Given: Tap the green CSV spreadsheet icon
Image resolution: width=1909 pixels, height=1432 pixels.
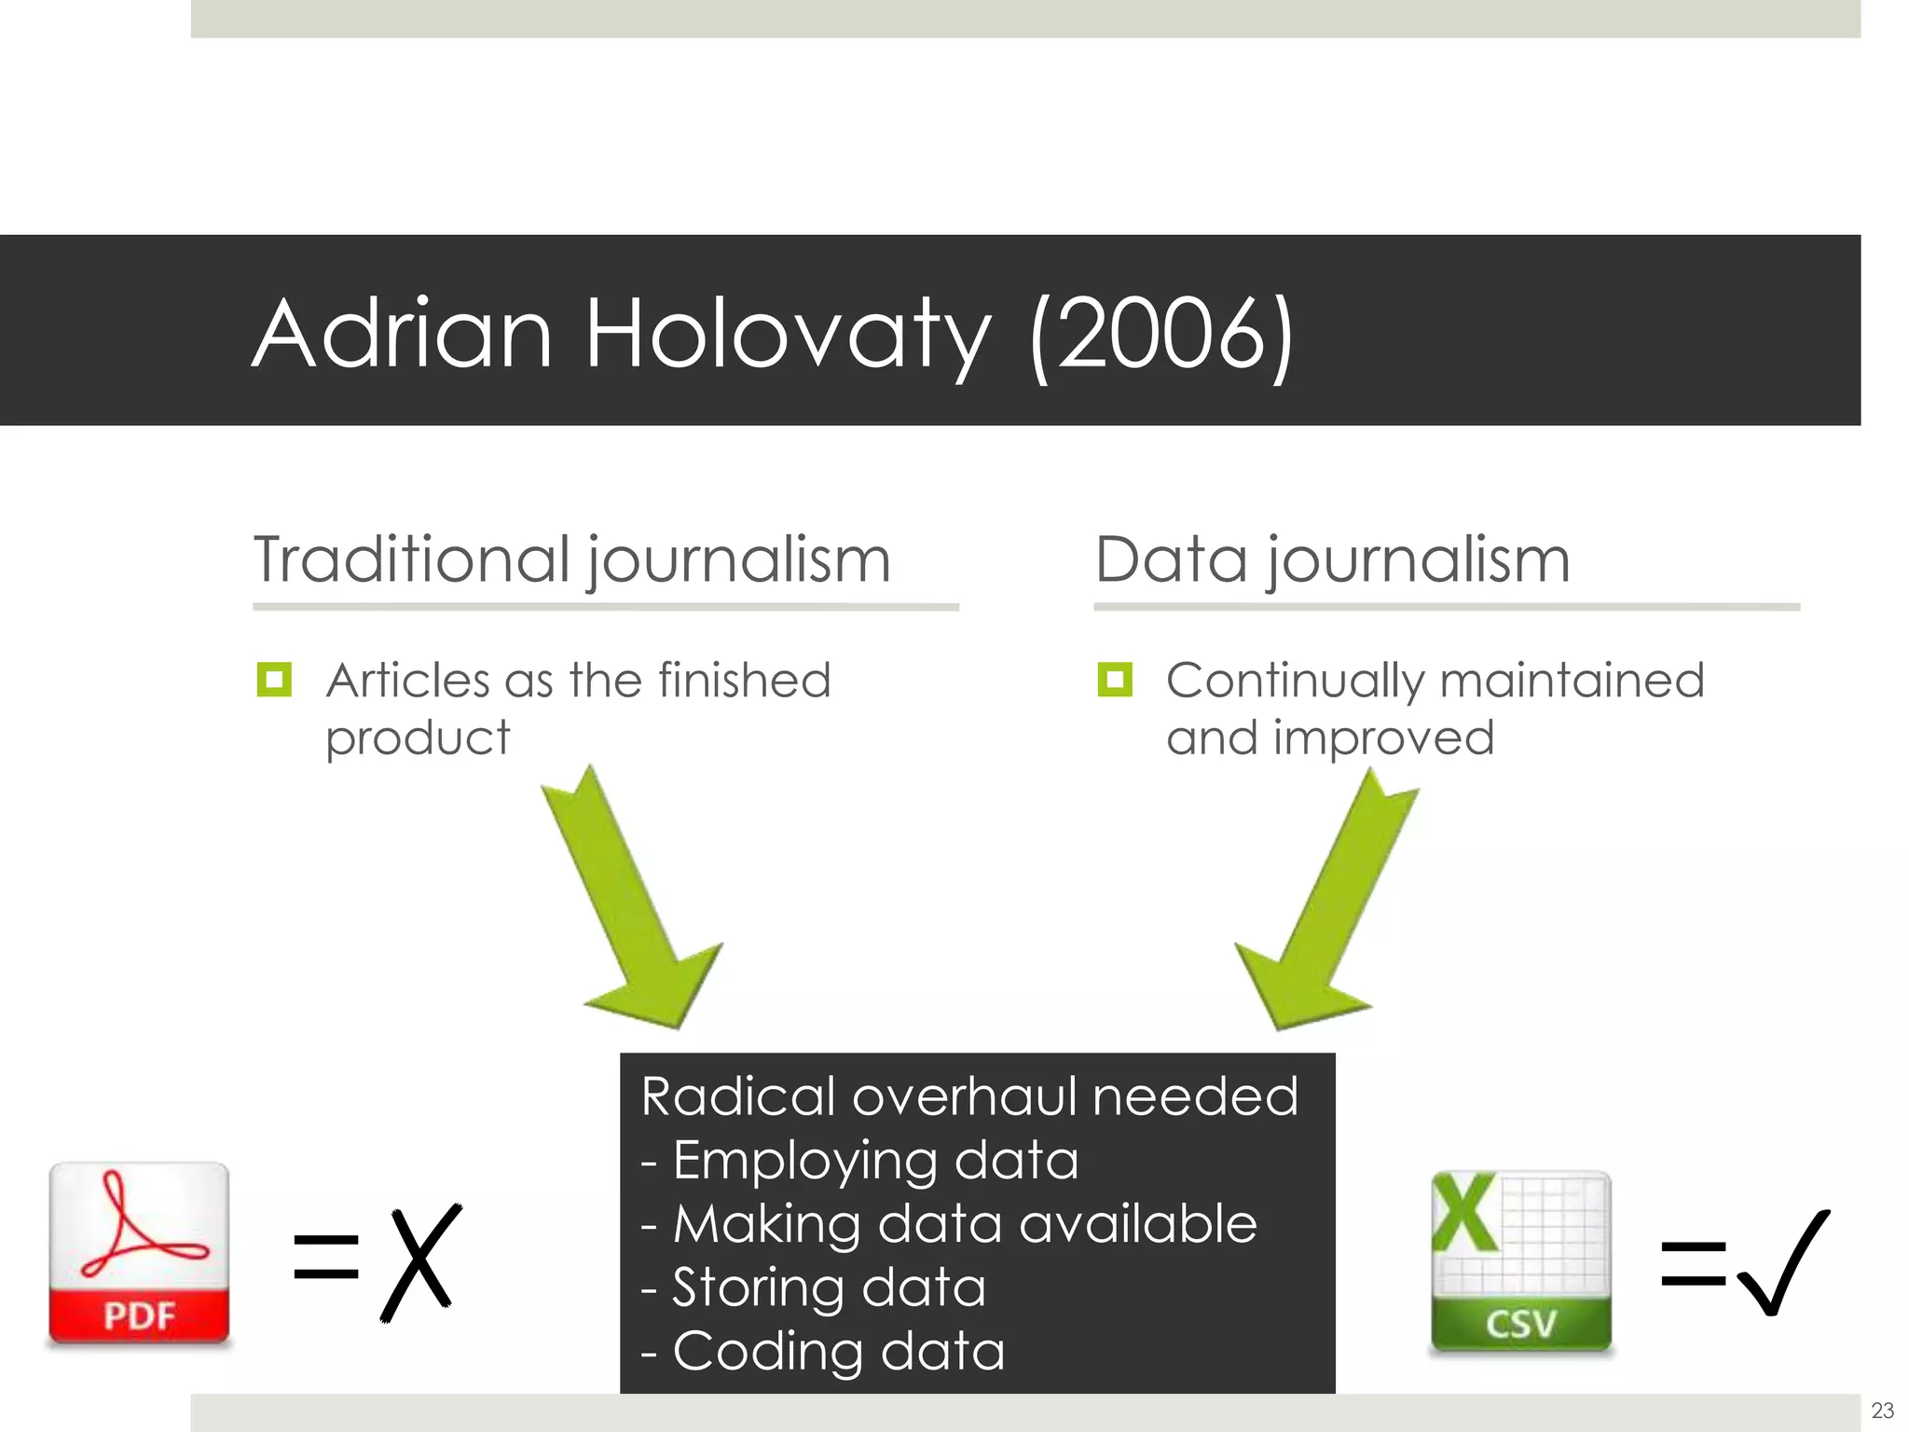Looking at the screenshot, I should coord(1520,1261).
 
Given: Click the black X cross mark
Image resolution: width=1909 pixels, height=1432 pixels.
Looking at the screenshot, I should coord(421,1262).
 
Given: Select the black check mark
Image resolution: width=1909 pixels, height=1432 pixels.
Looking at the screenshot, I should coord(1783,1262).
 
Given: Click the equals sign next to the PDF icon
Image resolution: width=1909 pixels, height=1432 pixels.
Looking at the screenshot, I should coord(326,1257).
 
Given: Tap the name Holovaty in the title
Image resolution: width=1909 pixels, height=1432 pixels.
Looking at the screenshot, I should coord(788,334).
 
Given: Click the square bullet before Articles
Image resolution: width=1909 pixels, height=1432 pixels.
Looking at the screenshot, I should coord(274,680).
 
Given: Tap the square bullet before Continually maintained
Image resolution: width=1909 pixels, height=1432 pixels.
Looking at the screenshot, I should coord(1115,680).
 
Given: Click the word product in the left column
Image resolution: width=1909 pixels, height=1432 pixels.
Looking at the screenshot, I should coord(418,738).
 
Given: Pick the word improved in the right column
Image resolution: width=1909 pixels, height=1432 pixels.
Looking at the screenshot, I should coord(1383,737).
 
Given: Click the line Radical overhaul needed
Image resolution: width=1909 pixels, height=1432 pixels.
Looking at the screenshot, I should coord(969,1096).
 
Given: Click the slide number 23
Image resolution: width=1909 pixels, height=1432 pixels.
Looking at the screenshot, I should coord(1882,1410).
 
